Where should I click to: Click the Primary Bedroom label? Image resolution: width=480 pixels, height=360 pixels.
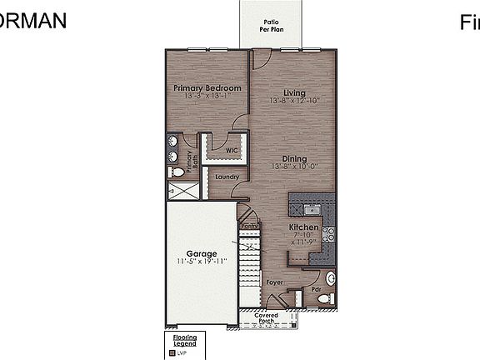207,88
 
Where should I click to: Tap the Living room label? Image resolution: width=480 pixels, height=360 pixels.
294,92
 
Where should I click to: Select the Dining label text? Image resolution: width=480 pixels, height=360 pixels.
294,159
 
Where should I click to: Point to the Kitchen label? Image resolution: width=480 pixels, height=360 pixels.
303,227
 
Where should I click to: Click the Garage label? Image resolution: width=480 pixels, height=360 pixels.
202,254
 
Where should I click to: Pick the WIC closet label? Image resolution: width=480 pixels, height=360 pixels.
232,151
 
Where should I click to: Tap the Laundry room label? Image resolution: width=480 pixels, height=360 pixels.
227,177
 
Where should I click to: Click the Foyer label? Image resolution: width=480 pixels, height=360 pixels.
275,282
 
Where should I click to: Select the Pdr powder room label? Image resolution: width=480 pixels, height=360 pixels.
317,290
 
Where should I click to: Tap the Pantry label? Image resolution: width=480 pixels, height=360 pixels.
248,226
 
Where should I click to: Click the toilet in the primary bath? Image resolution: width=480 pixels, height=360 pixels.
176,172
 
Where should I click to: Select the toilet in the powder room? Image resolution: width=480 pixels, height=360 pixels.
331,279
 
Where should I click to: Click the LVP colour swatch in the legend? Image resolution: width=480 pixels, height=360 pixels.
171,352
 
